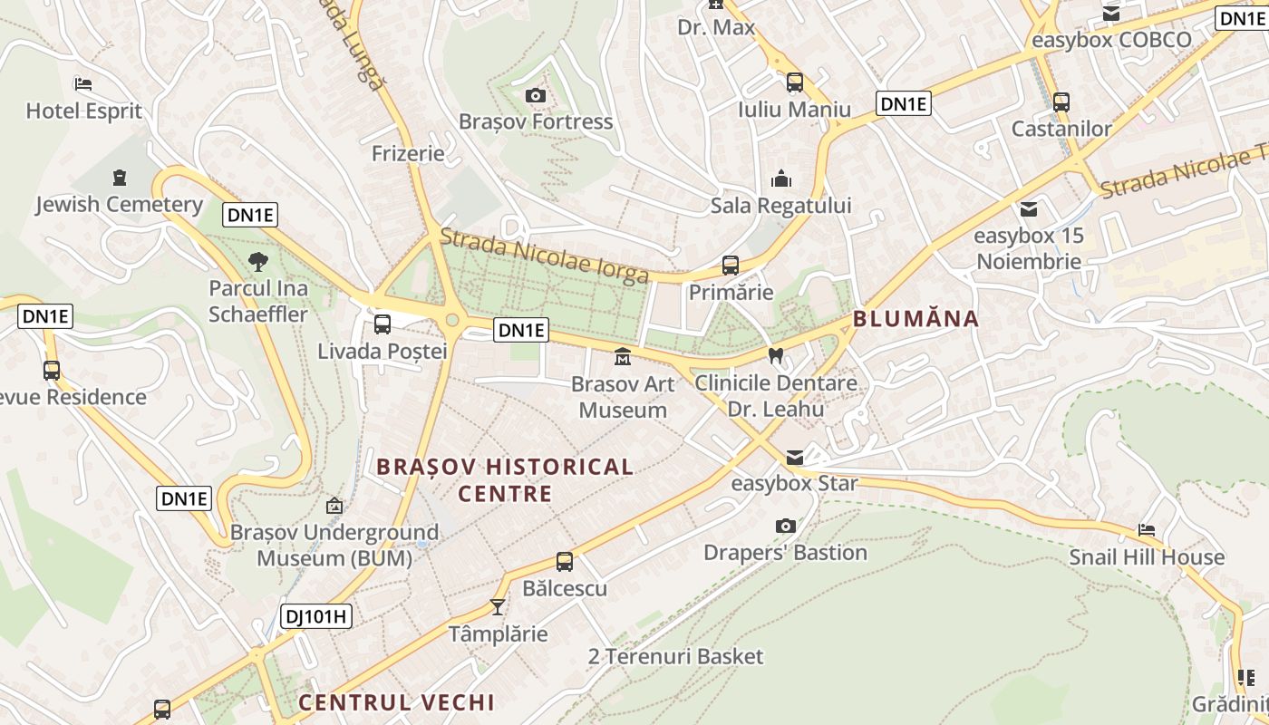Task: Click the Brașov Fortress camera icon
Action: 536,95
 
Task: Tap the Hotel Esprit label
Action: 84,111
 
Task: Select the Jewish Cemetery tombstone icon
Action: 120,177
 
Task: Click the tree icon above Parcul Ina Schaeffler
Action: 258,262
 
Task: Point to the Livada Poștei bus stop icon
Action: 383,324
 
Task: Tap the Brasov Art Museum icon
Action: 623,357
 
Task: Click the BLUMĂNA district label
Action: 915,319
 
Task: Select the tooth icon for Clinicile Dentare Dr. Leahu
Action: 775,355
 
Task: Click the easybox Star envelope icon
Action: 795,457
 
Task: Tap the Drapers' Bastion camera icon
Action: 786,526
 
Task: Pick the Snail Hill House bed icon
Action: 1147,530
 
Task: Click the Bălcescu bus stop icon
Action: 565,562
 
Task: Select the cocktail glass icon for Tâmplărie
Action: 497,606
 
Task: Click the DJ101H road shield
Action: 315,616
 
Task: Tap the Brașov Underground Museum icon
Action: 334,506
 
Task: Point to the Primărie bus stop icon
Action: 731,266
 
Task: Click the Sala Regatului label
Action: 780,206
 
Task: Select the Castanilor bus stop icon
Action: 1061,102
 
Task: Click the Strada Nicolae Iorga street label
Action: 544,256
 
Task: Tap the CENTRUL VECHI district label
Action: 396,702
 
